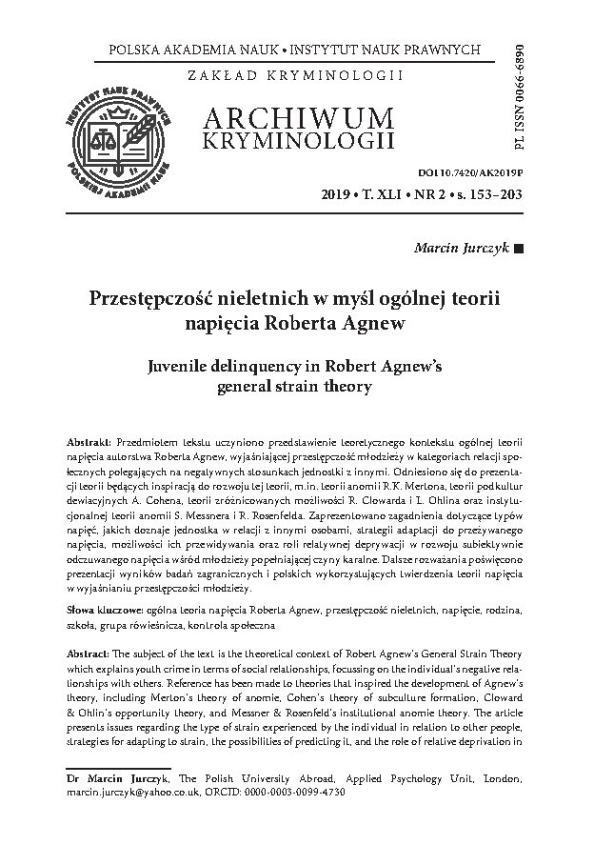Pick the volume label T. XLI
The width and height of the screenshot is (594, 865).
(385, 196)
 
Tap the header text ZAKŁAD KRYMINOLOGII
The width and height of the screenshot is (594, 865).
(296, 74)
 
